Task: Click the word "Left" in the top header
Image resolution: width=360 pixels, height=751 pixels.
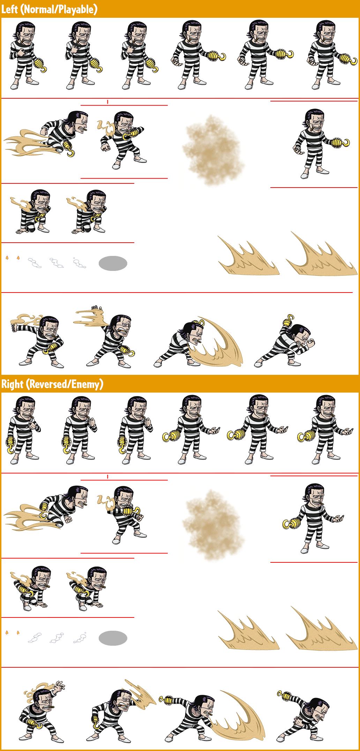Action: tap(9, 9)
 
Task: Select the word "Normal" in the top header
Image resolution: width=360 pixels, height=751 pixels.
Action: tap(39, 9)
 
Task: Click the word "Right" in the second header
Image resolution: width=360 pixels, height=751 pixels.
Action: tap(12, 384)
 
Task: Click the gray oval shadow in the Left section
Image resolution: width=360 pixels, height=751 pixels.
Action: tap(113, 263)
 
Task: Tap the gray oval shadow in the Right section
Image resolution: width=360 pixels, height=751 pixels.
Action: tap(113, 638)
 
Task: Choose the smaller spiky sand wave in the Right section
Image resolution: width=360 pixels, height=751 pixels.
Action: tap(248, 631)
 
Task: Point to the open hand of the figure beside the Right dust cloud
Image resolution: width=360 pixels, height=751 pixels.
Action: tap(338, 519)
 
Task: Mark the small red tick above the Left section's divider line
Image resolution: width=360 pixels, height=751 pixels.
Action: tap(107, 102)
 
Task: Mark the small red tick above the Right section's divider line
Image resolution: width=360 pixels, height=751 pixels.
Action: tap(107, 477)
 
